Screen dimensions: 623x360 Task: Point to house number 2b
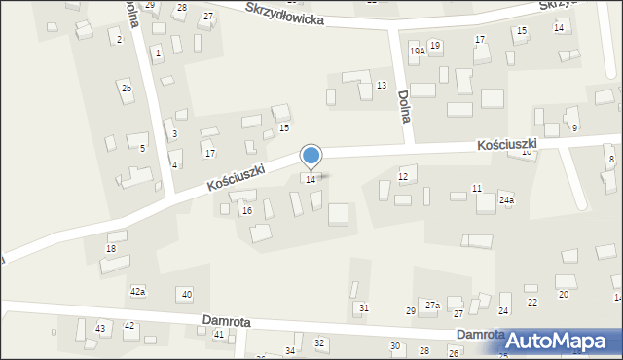click(x=127, y=89)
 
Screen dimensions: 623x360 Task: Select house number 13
click(x=382, y=86)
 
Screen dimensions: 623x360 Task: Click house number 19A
click(x=416, y=51)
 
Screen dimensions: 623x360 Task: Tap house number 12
click(x=403, y=176)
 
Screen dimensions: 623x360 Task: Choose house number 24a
click(x=506, y=200)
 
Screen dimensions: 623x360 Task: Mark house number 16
click(x=247, y=211)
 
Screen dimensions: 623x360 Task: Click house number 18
click(x=111, y=250)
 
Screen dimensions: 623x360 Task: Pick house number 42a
click(x=138, y=292)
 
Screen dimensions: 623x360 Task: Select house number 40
click(x=187, y=294)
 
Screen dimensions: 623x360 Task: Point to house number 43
click(x=100, y=329)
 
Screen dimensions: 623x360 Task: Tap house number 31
click(x=364, y=308)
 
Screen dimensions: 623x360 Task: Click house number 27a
click(x=432, y=306)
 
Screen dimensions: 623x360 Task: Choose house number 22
click(x=531, y=303)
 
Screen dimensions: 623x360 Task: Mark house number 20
click(x=563, y=294)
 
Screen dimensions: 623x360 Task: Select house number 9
click(x=574, y=128)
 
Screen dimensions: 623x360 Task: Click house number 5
click(x=142, y=148)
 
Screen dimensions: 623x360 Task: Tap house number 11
click(x=477, y=188)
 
